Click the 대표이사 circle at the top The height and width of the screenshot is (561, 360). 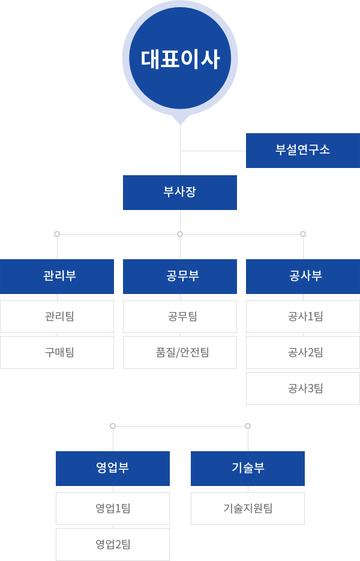point(180,58)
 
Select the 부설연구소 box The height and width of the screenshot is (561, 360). point(303,151)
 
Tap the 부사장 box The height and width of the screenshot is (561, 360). point(180,193)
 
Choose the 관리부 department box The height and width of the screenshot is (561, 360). point(57,277)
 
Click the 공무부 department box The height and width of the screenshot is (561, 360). point(180,277)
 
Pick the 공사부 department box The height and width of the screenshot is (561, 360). point(303,277)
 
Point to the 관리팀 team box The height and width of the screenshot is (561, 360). point(57,317)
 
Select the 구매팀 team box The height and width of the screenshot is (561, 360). point(57,352)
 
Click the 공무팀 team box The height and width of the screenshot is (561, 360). point(180,317)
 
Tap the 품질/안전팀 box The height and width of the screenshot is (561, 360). point(180,352)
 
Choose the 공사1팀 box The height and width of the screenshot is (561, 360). point(303,317)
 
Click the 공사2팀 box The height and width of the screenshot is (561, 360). point(303,352)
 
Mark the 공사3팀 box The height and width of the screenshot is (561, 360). point(303,389)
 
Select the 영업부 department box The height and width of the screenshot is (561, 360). point(113,469)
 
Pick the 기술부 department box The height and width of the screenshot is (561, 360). point(248,469)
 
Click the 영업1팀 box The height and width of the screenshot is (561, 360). point(113,508)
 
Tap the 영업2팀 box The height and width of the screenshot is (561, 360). point(113,544)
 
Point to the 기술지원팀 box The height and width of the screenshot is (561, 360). point(248,508)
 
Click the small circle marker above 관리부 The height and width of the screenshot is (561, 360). point(57,234)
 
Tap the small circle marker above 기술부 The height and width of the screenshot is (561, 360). point(248,426)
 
